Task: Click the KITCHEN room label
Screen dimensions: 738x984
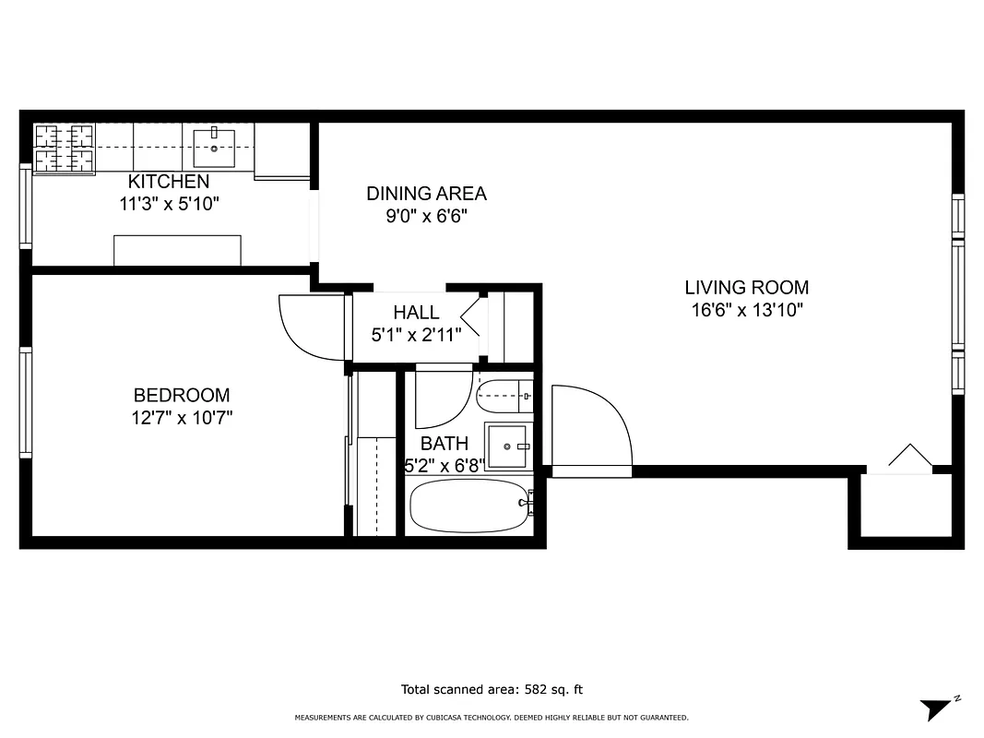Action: pos(169,182)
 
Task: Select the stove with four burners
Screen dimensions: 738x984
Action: pos(65,149)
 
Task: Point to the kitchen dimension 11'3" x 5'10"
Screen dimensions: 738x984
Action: pos(169,204)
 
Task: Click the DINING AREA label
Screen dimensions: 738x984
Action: pos(426,194)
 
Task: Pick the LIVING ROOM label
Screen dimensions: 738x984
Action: pos(746,287)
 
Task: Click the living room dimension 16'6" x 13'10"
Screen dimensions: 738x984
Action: pos(746,310)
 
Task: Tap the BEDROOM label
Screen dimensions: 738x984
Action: pos(182,395)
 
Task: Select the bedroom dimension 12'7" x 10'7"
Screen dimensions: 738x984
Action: pos(182,418)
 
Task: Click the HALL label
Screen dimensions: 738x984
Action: pos(416,313)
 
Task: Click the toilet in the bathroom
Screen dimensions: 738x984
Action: pos(504,397)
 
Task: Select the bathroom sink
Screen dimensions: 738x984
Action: pos(508,446)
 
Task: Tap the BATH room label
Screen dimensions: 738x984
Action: pos(444,444)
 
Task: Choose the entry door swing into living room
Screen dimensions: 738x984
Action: pos(591,429)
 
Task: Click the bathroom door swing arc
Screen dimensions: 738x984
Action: pos(443,397)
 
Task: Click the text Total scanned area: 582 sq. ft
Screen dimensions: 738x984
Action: pos(492,689)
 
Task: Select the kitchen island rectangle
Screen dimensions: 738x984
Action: pos(177,250)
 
